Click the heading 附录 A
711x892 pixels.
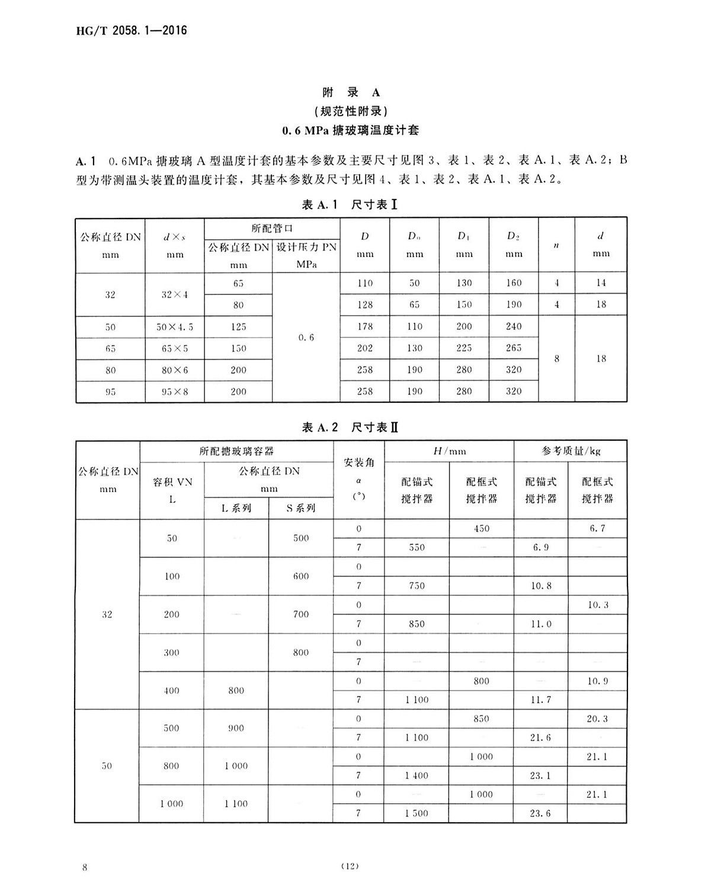[x=351, y=92]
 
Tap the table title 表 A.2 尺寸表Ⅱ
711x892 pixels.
[x=350, y=427]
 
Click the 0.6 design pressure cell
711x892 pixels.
[x=306, y=338]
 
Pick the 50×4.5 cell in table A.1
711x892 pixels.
[x=175, y=327]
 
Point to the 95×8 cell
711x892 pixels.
[x=175, y=392]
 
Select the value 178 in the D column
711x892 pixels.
[x=365, y=326]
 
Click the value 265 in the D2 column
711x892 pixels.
[x=514, y=348]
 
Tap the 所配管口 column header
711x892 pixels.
[x=272, y=228]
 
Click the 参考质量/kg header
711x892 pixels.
[x=571, y=451]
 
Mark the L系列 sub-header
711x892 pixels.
[x=236, y=508]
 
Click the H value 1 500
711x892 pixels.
[x=417, y=813]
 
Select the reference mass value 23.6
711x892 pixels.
[x=540, y=813]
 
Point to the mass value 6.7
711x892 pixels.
[x=597, y=528]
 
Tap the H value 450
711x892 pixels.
[x=481, y=528]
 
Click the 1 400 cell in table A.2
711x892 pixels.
[x=417, y=775]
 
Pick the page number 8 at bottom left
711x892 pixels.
[x=86, y=868]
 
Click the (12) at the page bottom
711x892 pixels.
[x=350, y=867]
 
